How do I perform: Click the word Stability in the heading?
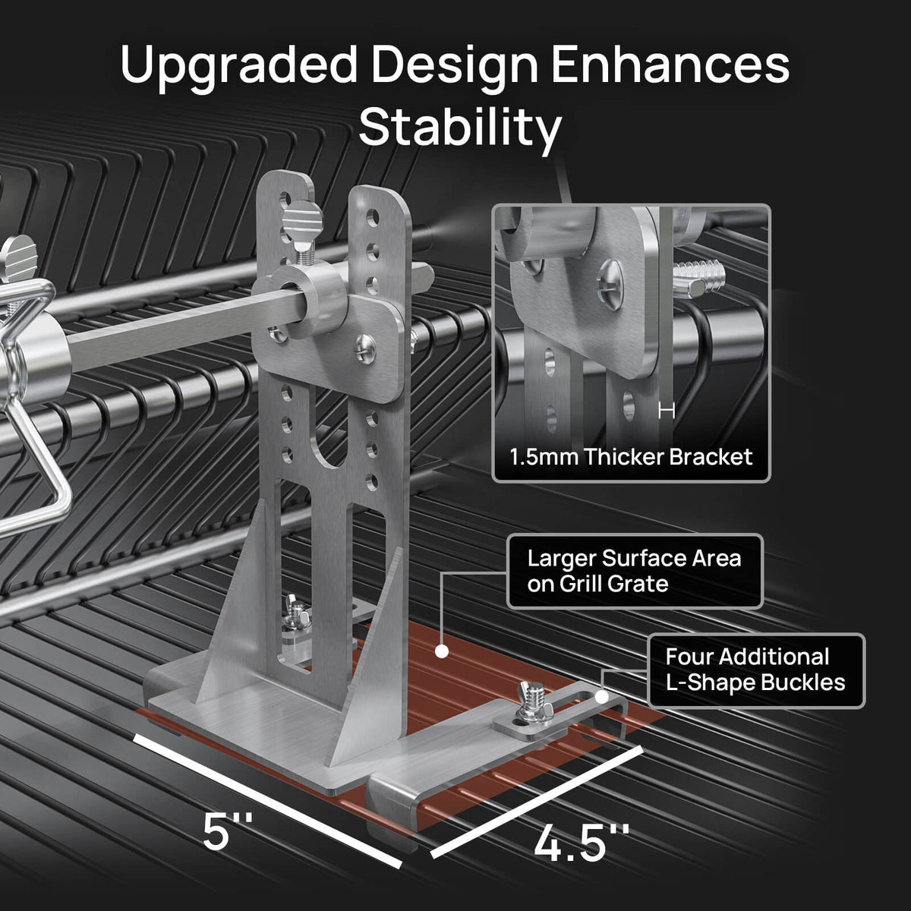pos(460,128)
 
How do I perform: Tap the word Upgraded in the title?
pos(238,67)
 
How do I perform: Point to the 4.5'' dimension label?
pos(582,841)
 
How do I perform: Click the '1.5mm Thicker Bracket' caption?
pos(631,457)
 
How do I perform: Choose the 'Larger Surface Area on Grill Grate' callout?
pos(635,571)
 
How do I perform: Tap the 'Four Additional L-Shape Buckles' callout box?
pos(756,670)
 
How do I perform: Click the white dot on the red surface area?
pos(442,651)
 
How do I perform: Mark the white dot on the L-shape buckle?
pos(601,696)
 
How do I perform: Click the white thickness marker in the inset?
pos(667,411)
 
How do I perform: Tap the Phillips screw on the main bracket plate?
pos(364,349)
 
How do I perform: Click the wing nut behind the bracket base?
pos(297,615)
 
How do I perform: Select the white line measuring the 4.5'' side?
pos(537,801)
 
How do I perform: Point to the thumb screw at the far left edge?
pos(18,257)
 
